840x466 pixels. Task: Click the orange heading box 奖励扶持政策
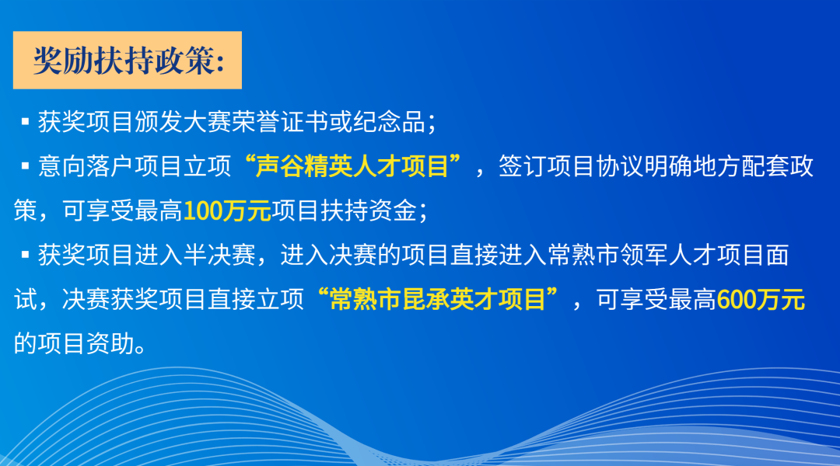pyautogui.click(x=128, y=61)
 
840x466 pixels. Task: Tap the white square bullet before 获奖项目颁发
pyautogui.click(x=24, y=122)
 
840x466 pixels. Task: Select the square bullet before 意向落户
pyautogui.click(x=24, y=166)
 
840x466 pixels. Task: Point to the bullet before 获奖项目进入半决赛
pyautogui.click(x=24, y=255)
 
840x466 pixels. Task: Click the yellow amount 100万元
pyautogui.click(x=227, y=210)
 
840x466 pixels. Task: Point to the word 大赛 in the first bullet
pyautogui.click(x=205, y=122)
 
